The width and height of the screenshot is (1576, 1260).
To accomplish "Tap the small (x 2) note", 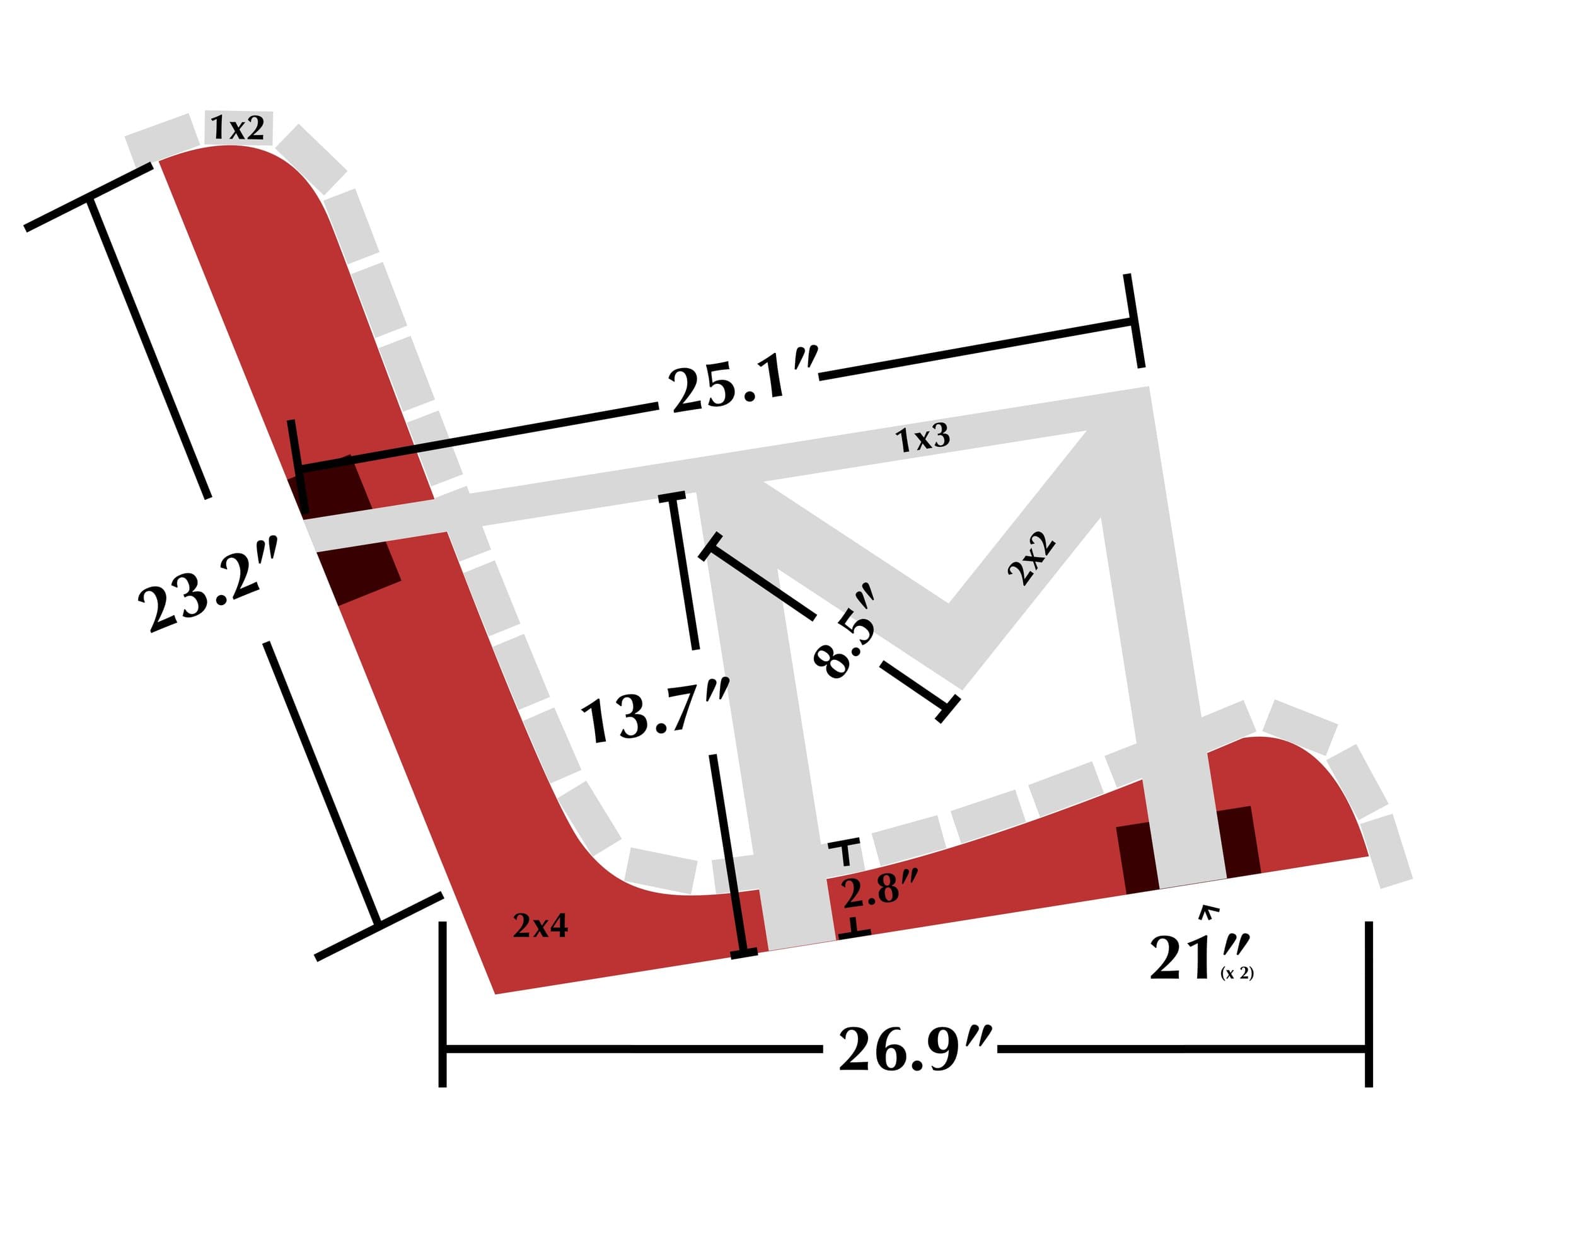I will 1237,973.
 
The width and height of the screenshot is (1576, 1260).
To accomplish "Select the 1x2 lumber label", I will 238,128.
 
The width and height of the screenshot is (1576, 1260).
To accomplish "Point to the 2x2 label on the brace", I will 1031,558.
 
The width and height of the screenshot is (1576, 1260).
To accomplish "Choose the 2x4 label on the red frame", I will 540,926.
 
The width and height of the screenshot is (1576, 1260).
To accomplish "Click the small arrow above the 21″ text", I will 1208,911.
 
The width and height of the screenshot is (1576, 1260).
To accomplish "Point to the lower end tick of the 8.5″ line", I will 947,709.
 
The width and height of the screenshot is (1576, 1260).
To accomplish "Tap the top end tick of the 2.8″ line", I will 847,847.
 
